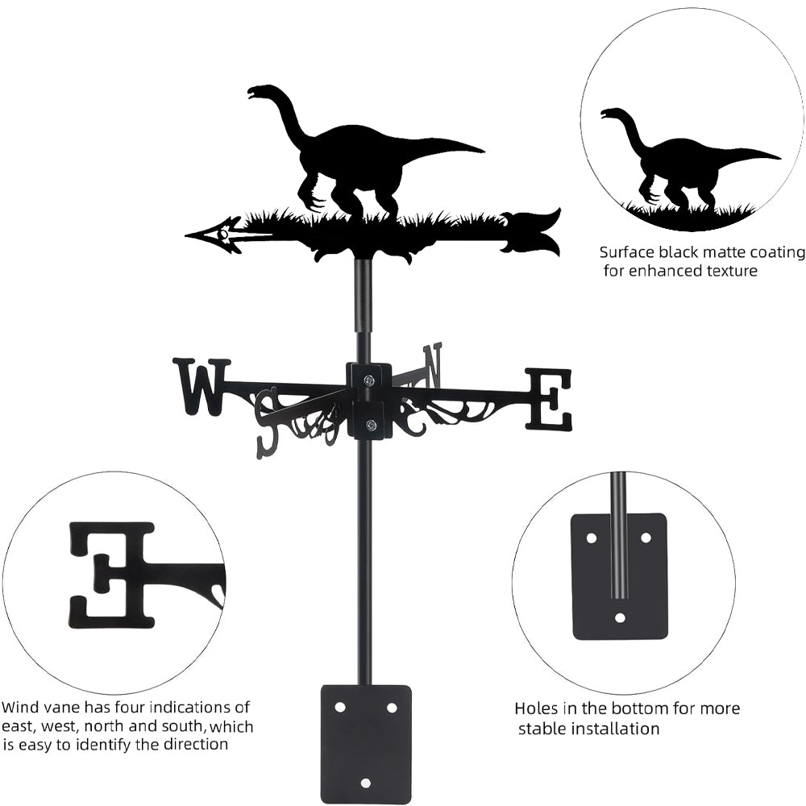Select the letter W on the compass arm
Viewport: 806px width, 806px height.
201,385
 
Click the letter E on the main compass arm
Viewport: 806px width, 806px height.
549,398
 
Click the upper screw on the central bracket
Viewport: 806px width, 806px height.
368,380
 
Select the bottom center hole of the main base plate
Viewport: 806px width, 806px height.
365,782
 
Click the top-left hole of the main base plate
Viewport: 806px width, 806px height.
340,707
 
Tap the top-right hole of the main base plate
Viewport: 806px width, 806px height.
392,707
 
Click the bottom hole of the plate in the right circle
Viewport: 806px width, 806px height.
620,618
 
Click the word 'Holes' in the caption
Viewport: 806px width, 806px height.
536,709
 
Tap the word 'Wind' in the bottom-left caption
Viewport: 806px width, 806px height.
19,708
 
